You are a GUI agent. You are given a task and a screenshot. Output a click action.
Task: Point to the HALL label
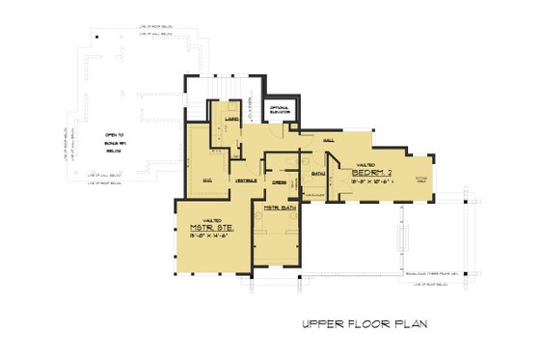click(327, 141)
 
